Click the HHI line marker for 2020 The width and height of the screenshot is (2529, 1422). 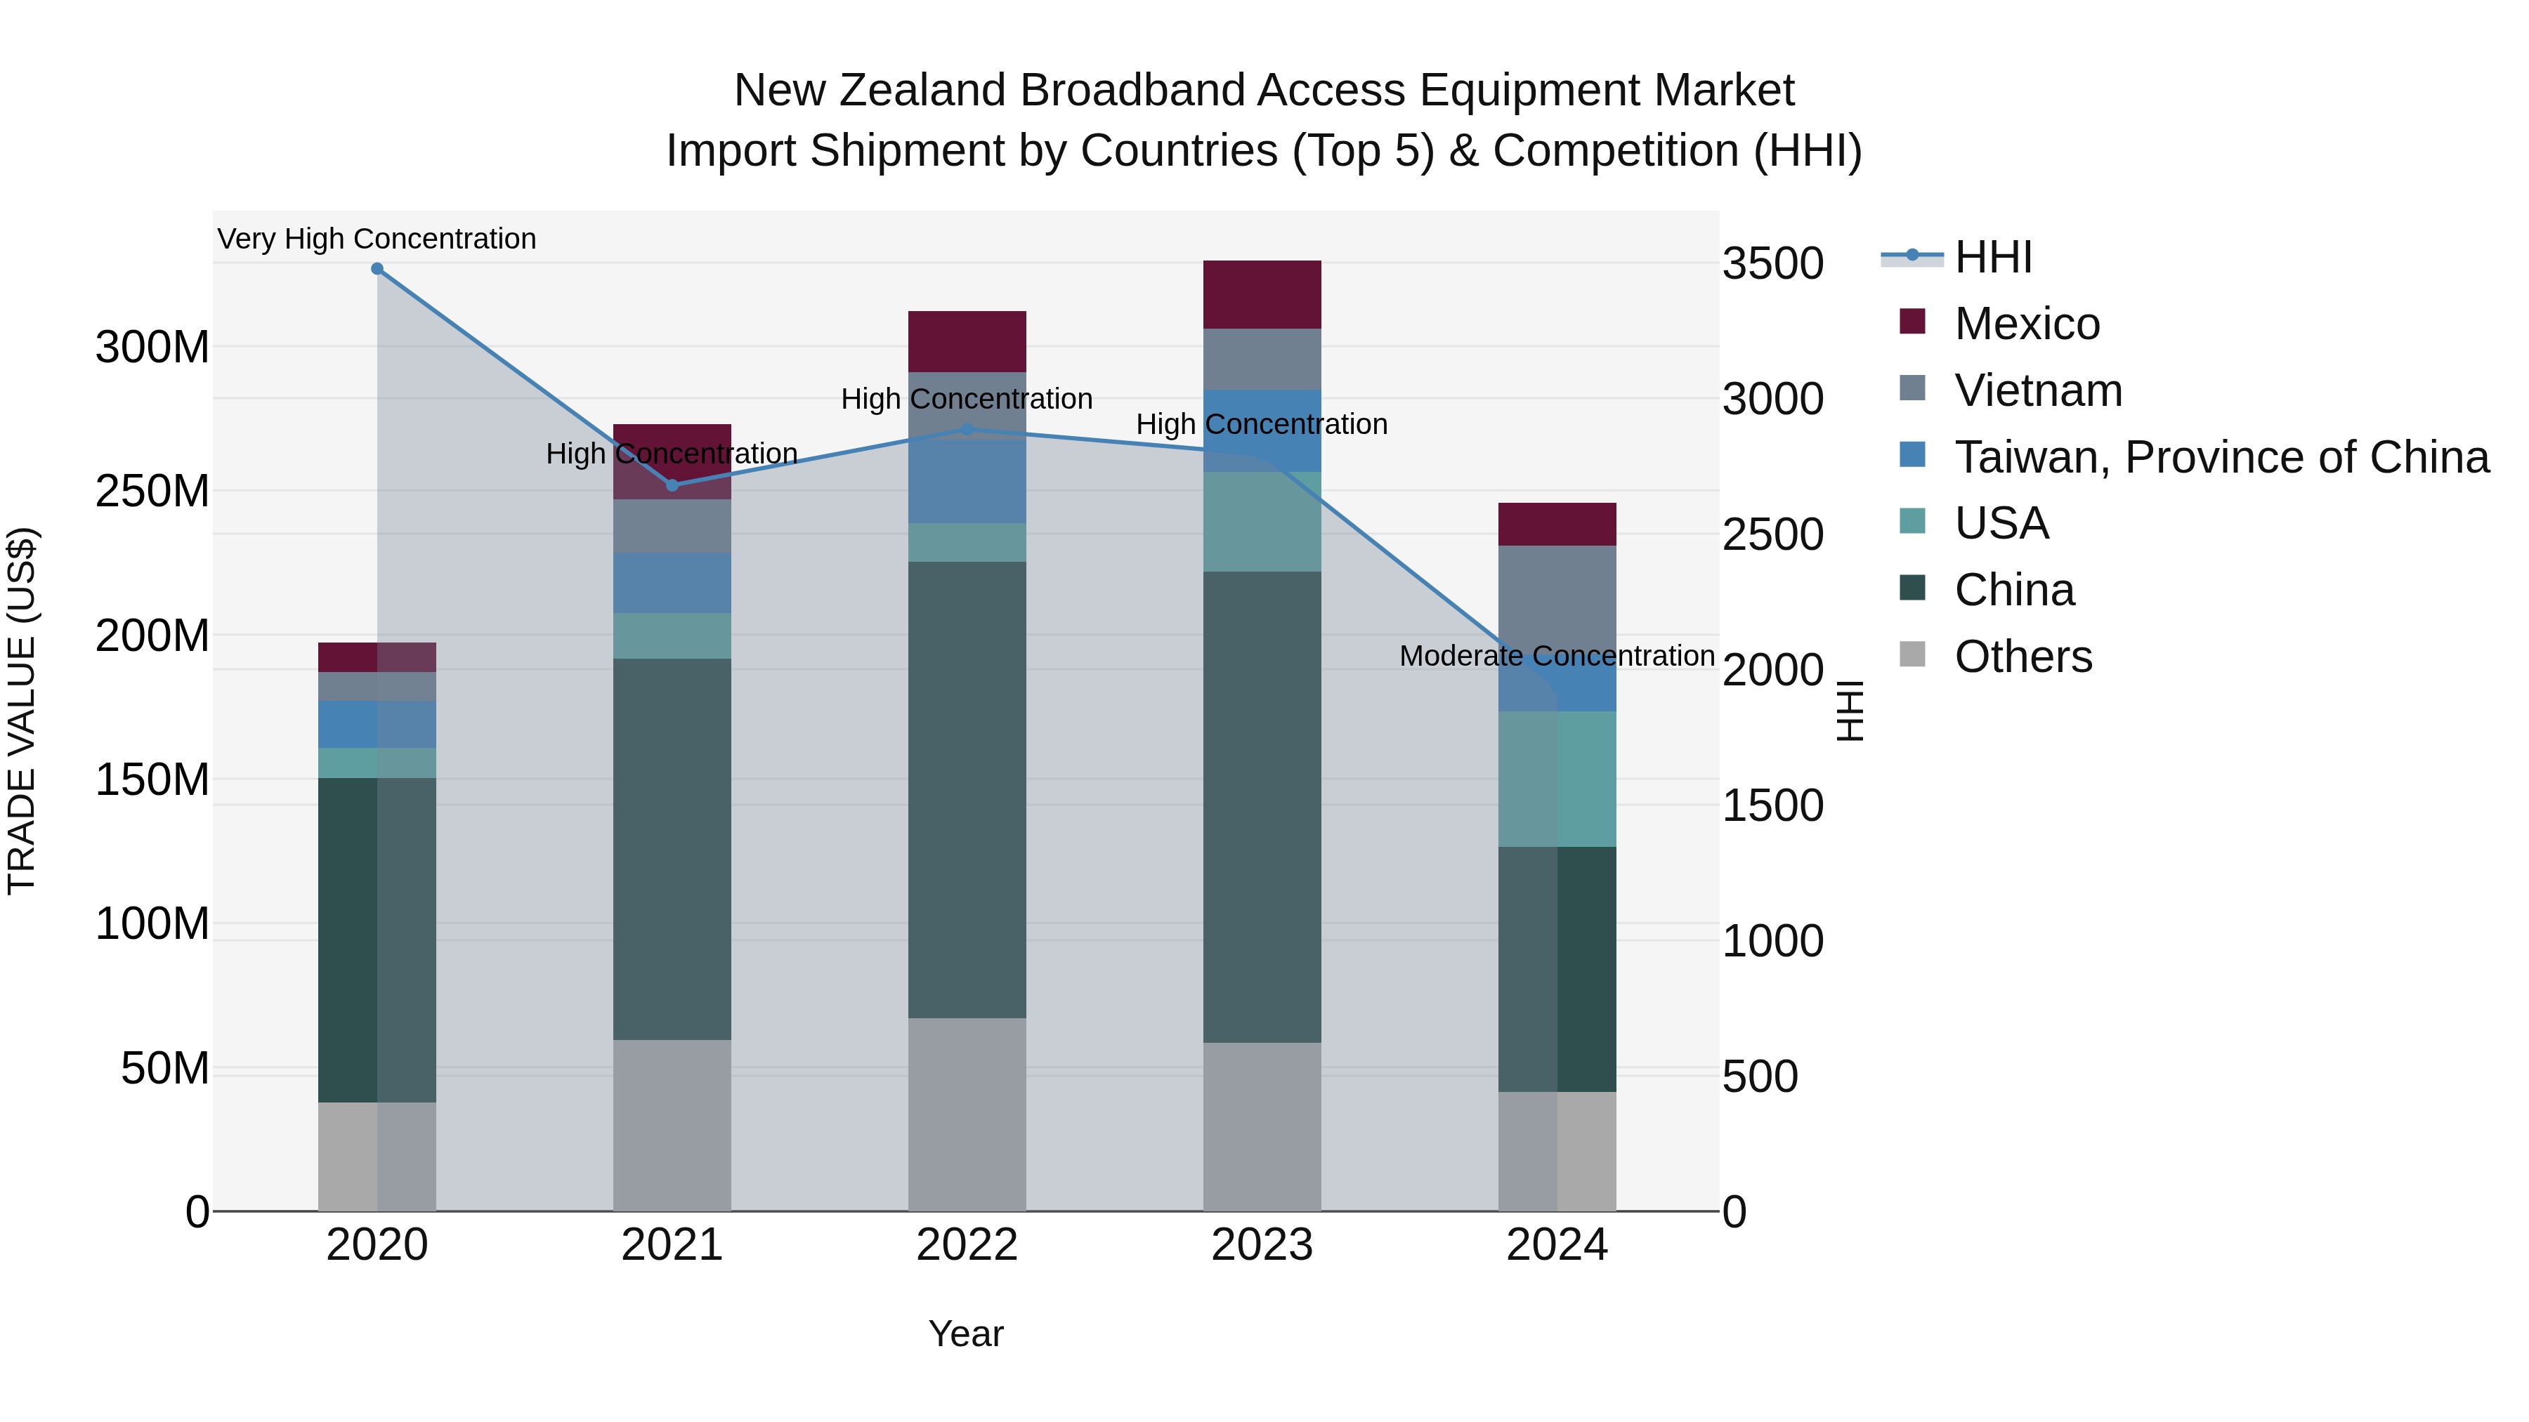[377, 269]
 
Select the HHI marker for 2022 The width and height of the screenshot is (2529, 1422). [967, 430]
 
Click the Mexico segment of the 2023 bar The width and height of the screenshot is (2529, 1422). [1262, 294]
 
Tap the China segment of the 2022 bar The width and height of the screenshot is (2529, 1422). [967, 790]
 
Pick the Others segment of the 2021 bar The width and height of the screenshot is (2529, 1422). [672, 1125]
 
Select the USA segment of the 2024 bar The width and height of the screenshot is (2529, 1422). [1557, 779]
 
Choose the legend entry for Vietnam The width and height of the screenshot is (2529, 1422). [2037, 390]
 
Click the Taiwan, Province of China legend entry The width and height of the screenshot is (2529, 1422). [2221, 457]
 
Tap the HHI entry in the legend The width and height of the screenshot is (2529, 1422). [1992, 257]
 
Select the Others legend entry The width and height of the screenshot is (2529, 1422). [2022, 657]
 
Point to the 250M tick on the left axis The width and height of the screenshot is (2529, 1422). [152, 491]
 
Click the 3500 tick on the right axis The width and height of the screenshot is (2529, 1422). [1772, 264]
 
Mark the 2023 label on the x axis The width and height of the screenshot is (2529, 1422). [1262, 1245]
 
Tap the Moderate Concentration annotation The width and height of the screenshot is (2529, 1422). [1556, 656]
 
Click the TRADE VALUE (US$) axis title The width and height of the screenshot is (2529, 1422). [22, 711]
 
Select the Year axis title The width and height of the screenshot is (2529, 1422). [966, 1334]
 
